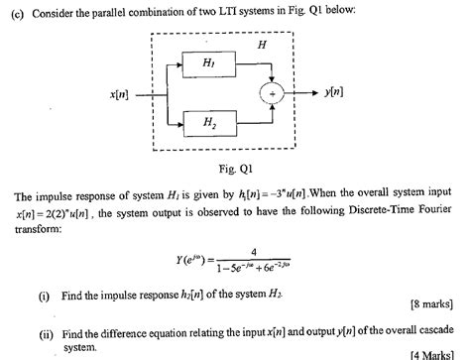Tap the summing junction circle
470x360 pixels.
275,94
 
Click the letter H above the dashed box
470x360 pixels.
260,46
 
